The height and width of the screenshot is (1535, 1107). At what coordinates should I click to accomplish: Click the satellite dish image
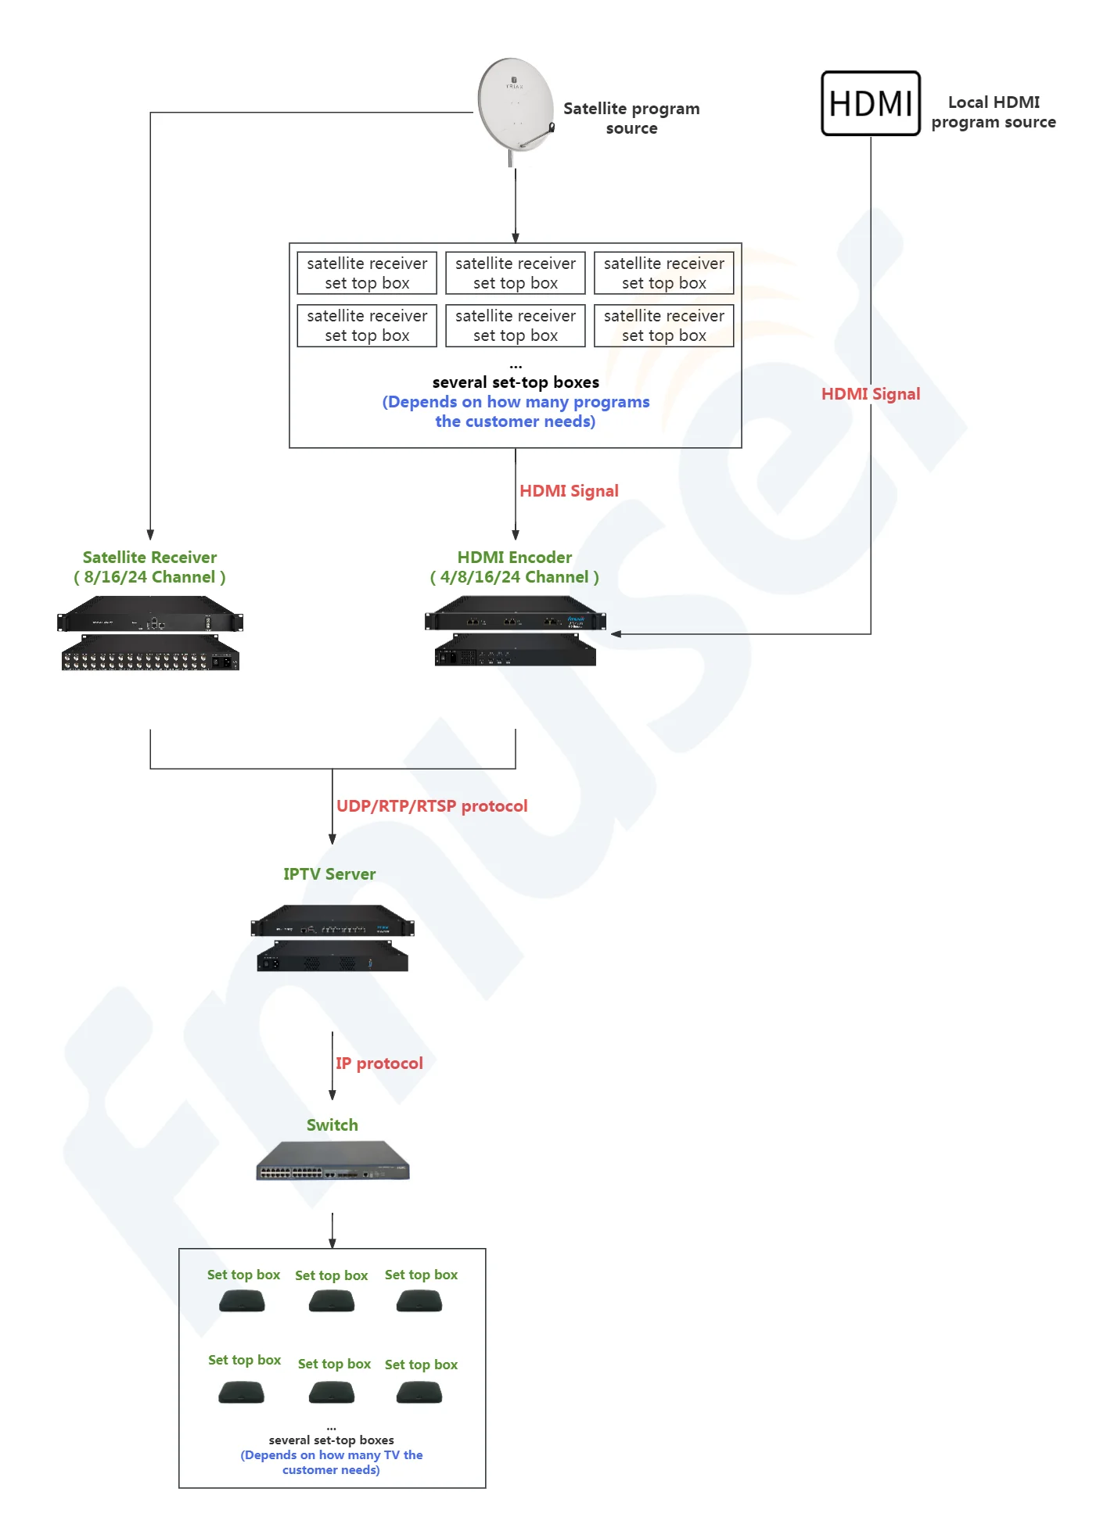click(515, 105)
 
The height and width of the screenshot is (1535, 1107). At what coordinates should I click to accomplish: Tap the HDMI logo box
click(870, 103)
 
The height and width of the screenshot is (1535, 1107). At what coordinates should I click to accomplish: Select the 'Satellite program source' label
click(631, 118)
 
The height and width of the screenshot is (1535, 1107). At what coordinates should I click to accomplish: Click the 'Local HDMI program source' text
click(993, 112)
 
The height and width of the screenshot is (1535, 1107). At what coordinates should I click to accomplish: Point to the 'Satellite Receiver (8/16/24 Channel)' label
click(149, 567)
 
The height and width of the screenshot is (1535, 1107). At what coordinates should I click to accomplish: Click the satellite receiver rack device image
click(150, 633)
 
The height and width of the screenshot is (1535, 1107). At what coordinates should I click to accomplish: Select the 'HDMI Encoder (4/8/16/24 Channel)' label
click(515, 567)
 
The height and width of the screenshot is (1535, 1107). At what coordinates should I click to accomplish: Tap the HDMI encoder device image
click(515, 630)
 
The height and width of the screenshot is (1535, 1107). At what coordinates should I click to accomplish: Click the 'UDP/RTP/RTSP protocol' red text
click(432, 806)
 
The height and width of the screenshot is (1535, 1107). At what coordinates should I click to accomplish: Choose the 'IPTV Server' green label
click(329, 874)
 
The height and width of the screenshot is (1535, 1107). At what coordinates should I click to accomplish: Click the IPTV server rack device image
click(332, 938)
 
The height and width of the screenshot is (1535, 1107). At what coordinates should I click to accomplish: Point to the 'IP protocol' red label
click(379, 1063)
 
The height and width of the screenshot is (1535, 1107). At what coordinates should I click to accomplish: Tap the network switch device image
click(332, 1161)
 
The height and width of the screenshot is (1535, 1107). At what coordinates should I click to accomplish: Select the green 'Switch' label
click(332, 1125)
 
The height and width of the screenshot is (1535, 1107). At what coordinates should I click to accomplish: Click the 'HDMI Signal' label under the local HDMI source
click(870, 394)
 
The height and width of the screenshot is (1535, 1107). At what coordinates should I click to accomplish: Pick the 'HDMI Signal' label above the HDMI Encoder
click(569, 491)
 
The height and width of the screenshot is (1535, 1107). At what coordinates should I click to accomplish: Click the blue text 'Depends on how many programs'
click(516, 403)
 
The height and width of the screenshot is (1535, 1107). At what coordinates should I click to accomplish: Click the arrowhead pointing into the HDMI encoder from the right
click(616, 634)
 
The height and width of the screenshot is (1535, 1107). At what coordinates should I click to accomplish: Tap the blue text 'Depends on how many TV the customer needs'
click(332, 1462)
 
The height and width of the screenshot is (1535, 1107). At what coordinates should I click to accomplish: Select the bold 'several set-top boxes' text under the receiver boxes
click(516, 382)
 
